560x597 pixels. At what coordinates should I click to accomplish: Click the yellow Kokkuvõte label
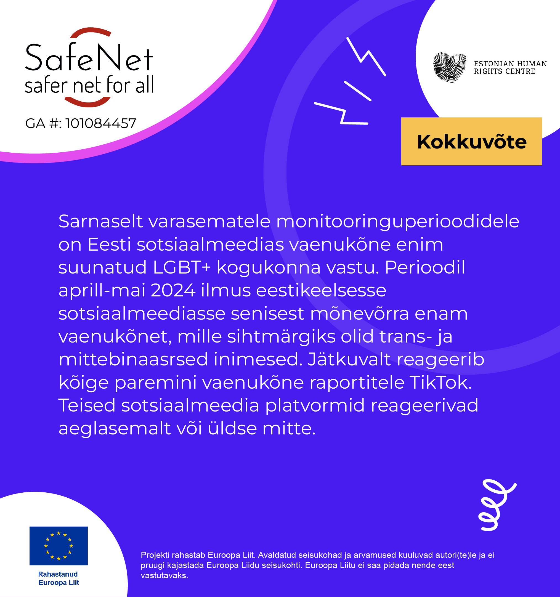[x=471, y=141]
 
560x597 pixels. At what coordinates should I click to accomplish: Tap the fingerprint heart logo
[x=450, y=68]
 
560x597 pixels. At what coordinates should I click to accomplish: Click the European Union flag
[x=59, y=546]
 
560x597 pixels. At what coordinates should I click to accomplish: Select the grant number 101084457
[x=100, y=123]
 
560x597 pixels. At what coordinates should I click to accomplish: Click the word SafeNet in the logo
[x=89, y=58]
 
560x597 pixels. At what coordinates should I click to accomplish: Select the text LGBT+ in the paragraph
[x=182, y=267]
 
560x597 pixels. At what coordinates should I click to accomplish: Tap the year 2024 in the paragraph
[x=173, y=290]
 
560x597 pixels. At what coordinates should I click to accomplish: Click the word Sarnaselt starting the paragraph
[x=100, y=221]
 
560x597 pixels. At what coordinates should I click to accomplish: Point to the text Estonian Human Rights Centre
[x=510, y=68]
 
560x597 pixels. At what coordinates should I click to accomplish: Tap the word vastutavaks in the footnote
[x=164, y=575]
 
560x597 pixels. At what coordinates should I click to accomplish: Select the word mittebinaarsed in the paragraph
[x=133, y=359]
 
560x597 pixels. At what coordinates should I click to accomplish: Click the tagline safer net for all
[x=89, y=85]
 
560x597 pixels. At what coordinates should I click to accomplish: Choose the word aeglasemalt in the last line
[x=115, y=429]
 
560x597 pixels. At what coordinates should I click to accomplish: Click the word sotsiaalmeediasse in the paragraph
[x=142, y=314]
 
